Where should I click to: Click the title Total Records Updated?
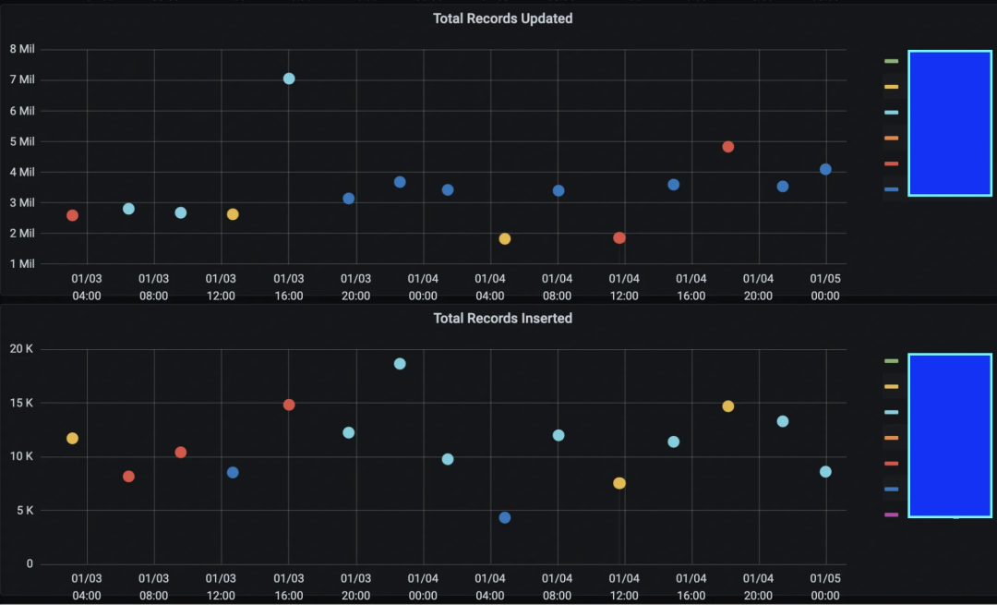coord(502,18)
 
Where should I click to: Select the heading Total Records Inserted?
coord(502,319)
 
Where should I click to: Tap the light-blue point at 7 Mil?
coord(289,79)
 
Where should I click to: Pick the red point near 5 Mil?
coord(727,147)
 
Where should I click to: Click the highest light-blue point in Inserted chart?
coord(400,364)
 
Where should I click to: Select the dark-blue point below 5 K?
coord(505,517)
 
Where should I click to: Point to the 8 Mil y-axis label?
coord(22,49)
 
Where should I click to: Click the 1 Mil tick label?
coord(22,264)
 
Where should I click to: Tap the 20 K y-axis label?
coord(23,349)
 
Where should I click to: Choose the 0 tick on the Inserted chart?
coord(30,564)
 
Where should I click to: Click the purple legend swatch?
coord(891,515)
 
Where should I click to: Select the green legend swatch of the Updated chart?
coord(891,61)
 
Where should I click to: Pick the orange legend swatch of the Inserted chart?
coord(891,438)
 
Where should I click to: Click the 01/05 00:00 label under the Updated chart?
coord(825,287)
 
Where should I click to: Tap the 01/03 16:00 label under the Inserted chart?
coord(289,587)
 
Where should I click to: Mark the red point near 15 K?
coord(289,405)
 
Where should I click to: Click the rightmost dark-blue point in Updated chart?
coord(825,169)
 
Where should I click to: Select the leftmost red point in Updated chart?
coord(72,215)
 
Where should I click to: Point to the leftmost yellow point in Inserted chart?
coord(72,439)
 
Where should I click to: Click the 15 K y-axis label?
coord(23,404)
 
